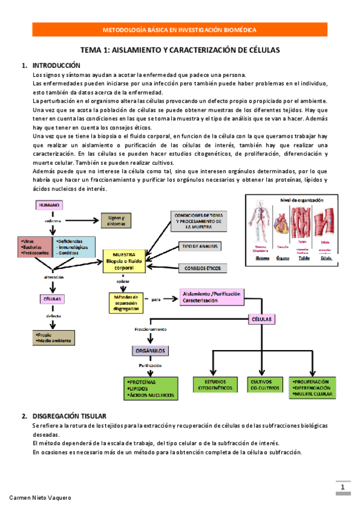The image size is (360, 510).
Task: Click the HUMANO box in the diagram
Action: pos(49,206)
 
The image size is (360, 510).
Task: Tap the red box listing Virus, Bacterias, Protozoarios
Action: pos(34,247)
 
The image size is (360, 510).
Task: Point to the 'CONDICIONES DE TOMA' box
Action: pos(200,221)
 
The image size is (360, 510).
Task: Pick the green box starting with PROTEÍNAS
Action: pos(151,388)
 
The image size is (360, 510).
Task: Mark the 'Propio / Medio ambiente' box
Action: pos(53,337)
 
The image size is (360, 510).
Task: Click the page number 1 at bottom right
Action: pos(342,487)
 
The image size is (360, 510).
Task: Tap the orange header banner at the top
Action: pos(180,29)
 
